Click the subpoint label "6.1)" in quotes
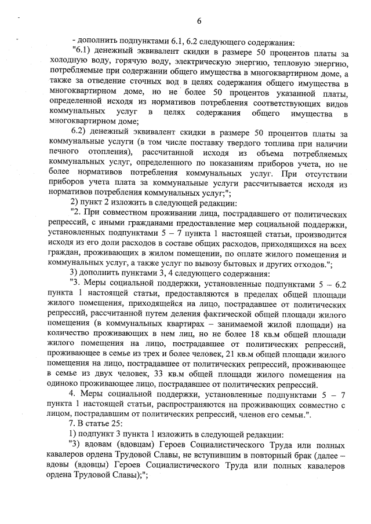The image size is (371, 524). [81, 53]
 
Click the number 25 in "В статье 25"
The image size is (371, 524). [108, 424]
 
